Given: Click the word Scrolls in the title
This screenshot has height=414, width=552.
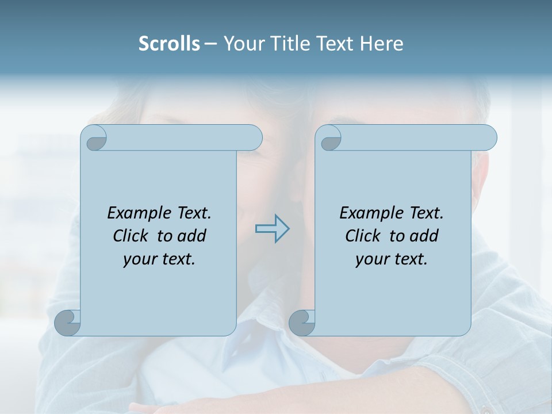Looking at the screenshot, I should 169,43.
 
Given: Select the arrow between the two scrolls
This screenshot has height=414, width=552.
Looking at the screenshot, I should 273,229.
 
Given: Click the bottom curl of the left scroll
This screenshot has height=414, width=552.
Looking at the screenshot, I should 67,323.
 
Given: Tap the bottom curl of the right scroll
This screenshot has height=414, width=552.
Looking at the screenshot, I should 302,323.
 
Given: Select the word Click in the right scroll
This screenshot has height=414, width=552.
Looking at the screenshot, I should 363,236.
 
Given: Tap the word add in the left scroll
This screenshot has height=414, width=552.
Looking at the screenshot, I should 193,236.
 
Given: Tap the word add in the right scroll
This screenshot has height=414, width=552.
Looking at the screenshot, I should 425,236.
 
